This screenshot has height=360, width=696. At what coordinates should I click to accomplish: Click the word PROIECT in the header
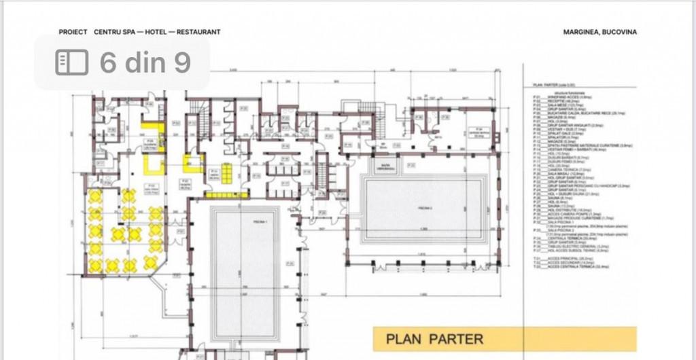click(73, 32)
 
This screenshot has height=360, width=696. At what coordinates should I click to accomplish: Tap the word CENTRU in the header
click(108, 32)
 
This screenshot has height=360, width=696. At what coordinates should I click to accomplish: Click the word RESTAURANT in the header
click(198, 32)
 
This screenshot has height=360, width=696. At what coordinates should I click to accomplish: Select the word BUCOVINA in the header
click(620, 32)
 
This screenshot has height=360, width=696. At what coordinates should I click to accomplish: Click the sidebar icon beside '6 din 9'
click(71, 62)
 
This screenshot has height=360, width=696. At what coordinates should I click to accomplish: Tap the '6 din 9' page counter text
click(145, 62)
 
